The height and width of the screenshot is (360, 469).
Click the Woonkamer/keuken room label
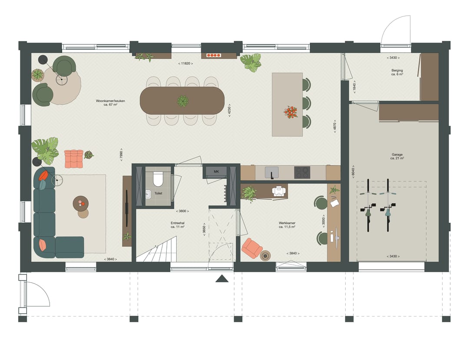[x=111, y=102]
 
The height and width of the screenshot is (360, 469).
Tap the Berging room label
[x=397, y=73]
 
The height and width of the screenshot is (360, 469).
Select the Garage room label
[x=397, y=156]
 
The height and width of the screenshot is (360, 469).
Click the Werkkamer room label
[x=287, y=225]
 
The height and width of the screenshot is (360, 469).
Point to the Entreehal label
[x=178, y=225]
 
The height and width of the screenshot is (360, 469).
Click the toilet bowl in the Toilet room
[x=158, y=178]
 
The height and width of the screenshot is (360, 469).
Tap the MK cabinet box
[x=216, y=172]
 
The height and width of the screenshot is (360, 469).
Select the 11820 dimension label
[x=185, y=64]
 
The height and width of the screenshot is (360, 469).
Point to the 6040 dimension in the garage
[x=353, y=172]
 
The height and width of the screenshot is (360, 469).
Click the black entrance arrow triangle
[x=222, y=279]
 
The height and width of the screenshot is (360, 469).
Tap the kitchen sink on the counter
[x=272, y=172]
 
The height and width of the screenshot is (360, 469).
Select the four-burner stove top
[x=302, y=172]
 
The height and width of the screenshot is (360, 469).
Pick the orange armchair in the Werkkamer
[x=252, y=248]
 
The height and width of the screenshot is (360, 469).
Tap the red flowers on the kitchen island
[x=291, y=112]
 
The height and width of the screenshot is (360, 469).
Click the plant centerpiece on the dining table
[x=183, y=101]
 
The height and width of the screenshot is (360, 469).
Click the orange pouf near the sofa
[x=73, y=159]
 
